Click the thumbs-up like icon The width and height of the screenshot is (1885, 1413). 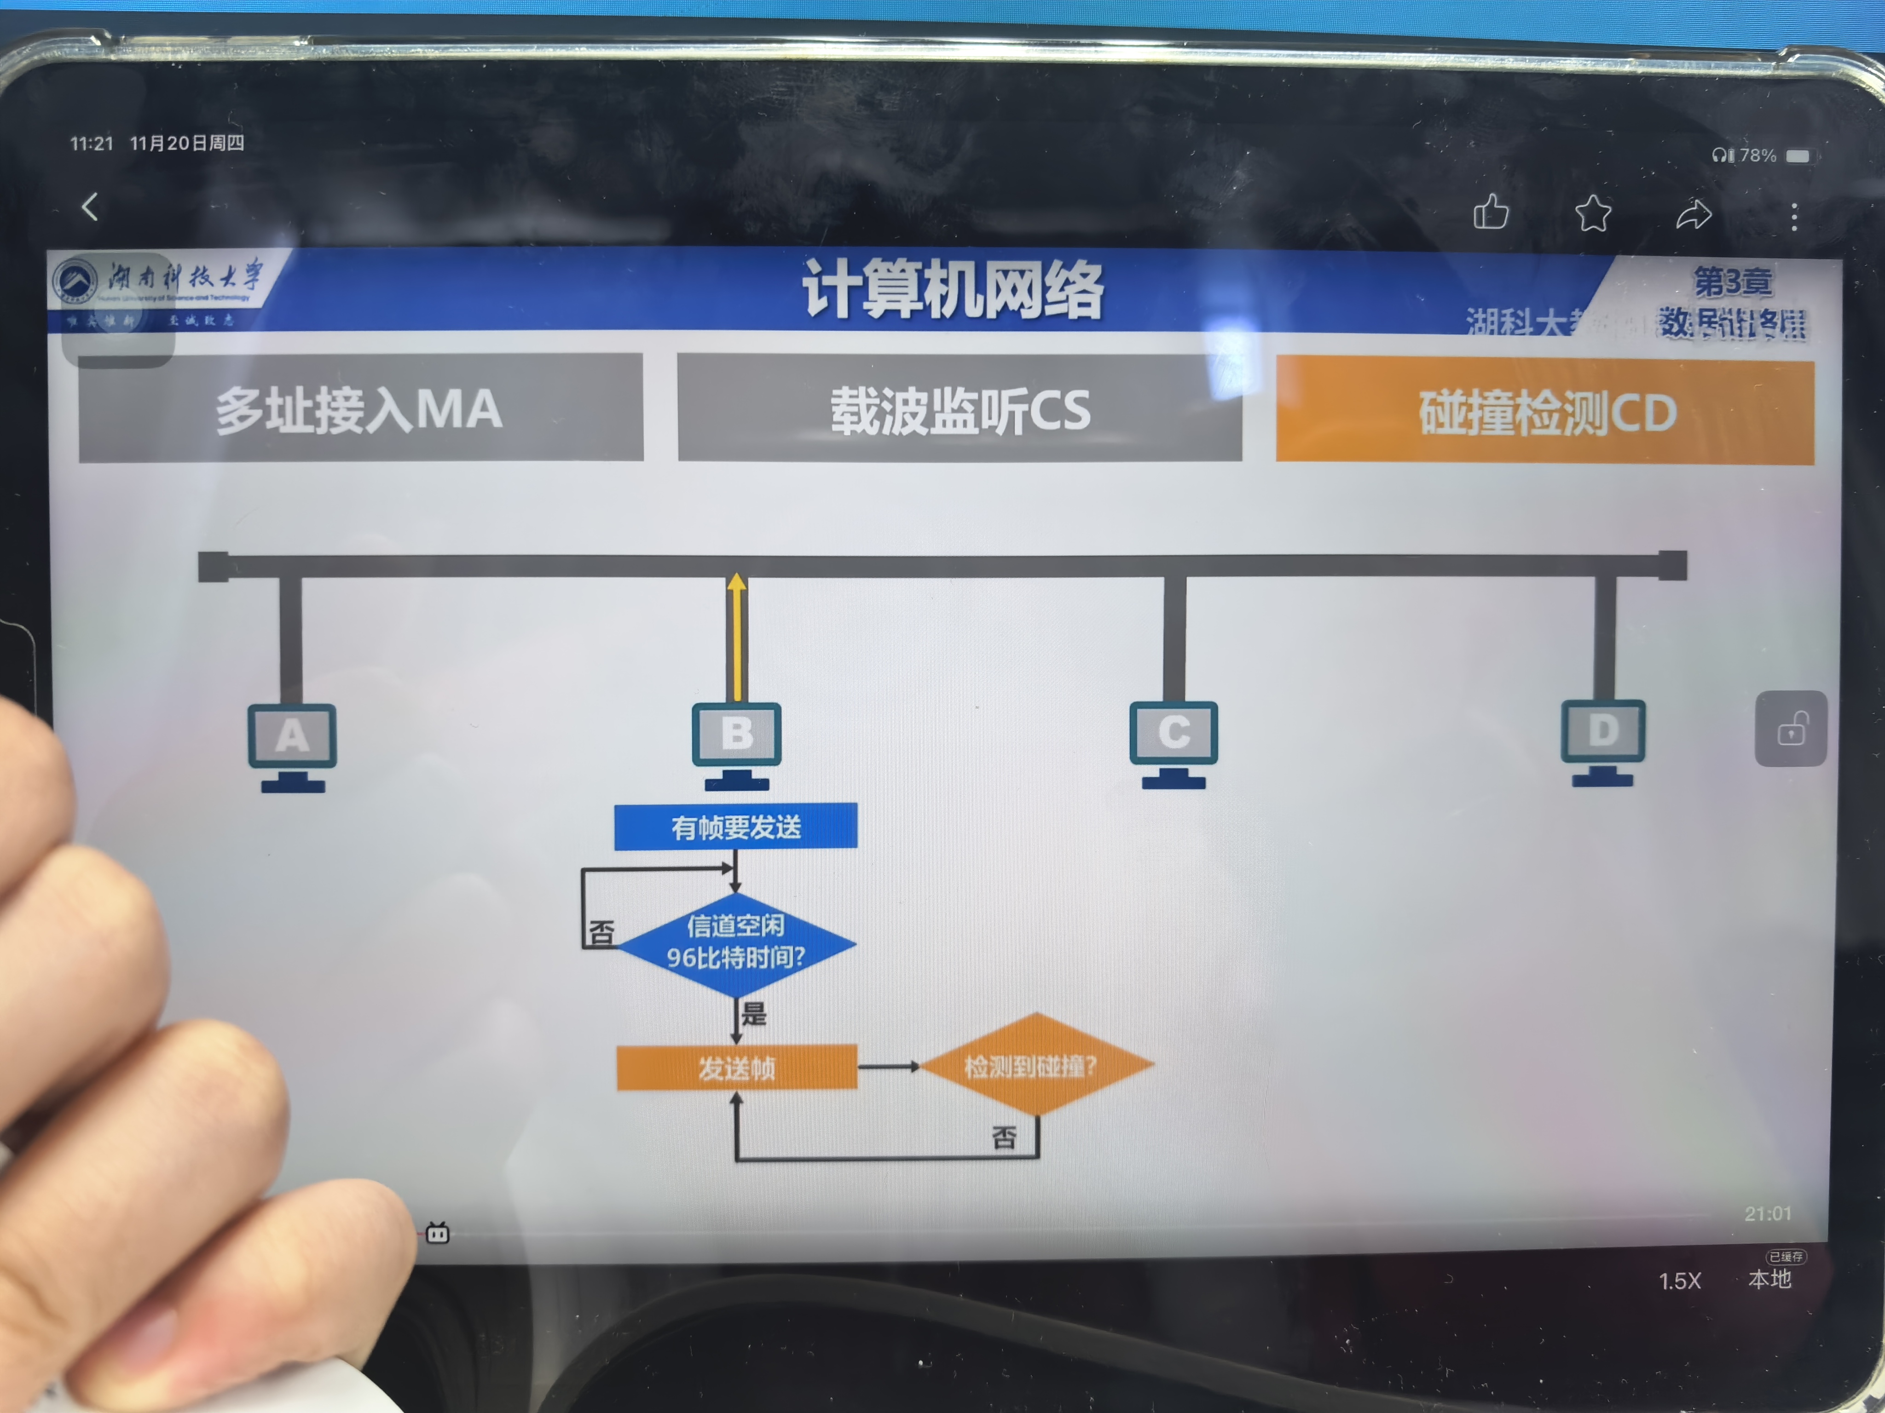tap(1491, 212)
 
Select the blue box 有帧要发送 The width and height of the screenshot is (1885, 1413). tap(735, 826)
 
